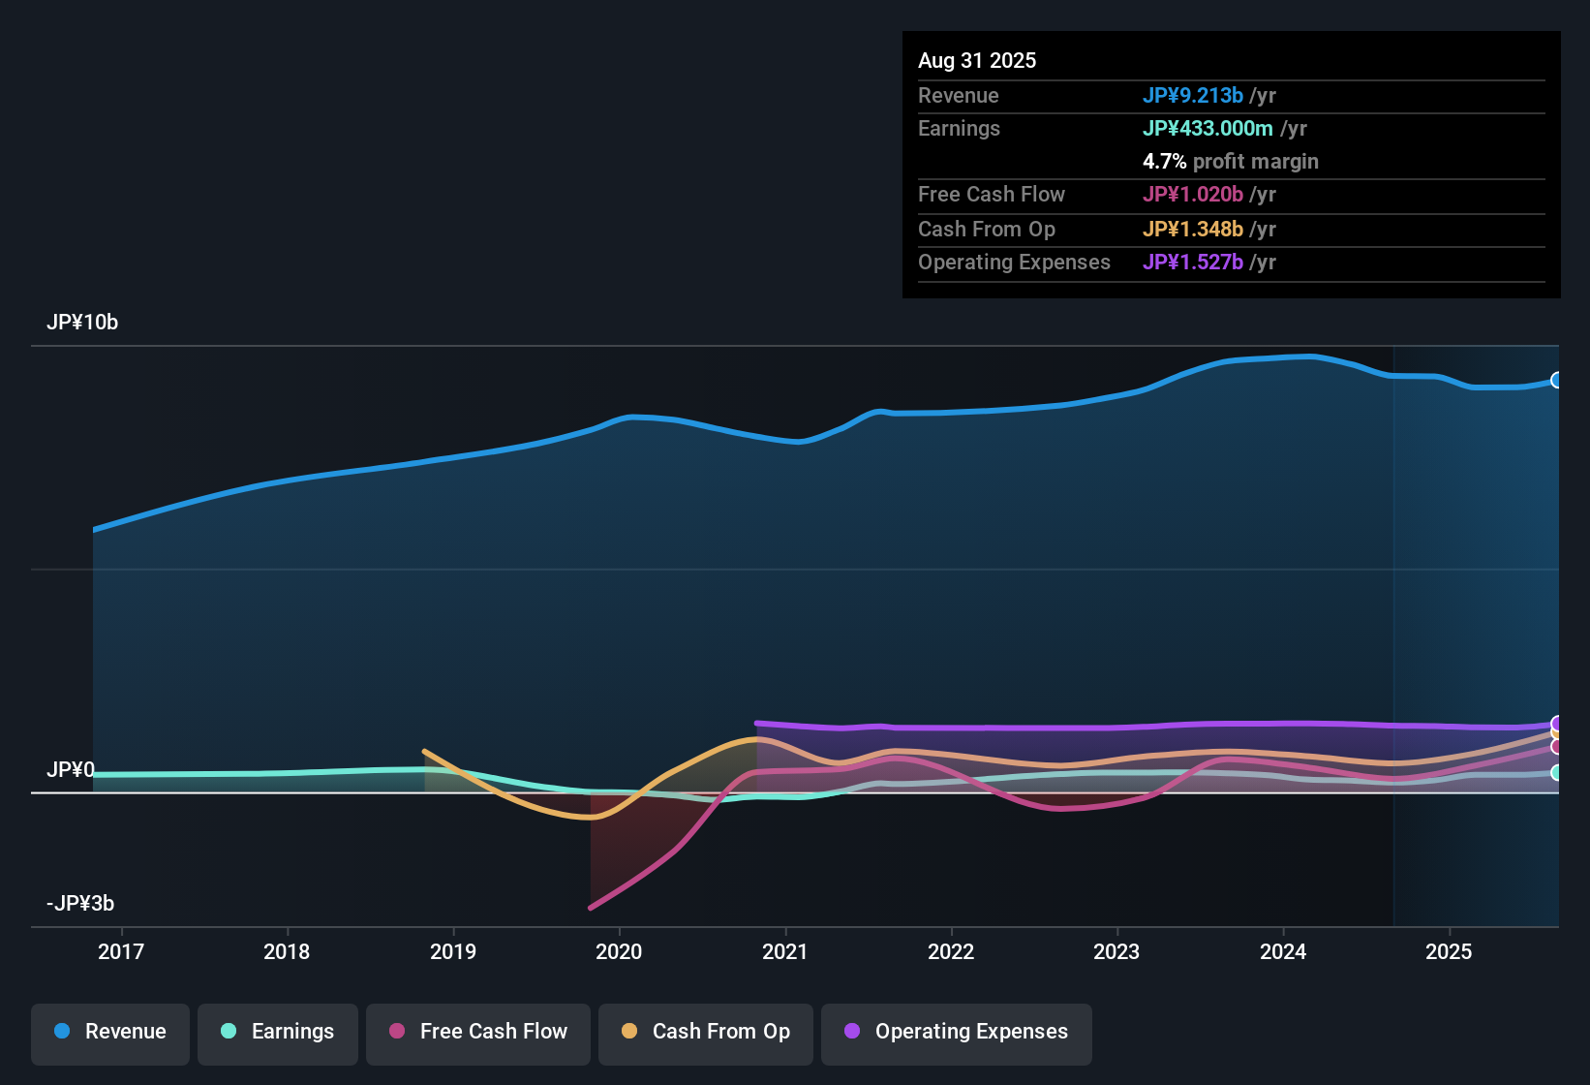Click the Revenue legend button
tap(110, 1032)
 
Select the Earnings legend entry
tap(278, 1032)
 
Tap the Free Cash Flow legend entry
tap(478, 1032)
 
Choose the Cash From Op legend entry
tap(706, 1032)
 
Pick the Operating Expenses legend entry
tap(957, 1032)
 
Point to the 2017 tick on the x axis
tap(121, 951)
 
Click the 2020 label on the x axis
tap(619, 951)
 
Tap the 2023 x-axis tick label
tap(1116, 951)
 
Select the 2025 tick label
tap(1449, 951)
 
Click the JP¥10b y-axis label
tap(82, 323)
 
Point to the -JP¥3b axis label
tap(80, 904)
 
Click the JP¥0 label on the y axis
tap(71, 770)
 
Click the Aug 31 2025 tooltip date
tap(977, 60)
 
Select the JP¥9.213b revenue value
tap(1192, 95)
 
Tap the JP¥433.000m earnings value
tap(1208, 128)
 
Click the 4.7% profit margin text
tap(1230, 161)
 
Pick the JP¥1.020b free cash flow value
tap(1192, 194)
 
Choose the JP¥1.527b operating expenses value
tap(1192, 262)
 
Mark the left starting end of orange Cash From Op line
tap(425, 751)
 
